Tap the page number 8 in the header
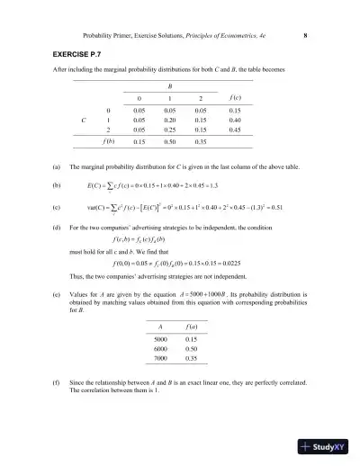coord(306,36)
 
